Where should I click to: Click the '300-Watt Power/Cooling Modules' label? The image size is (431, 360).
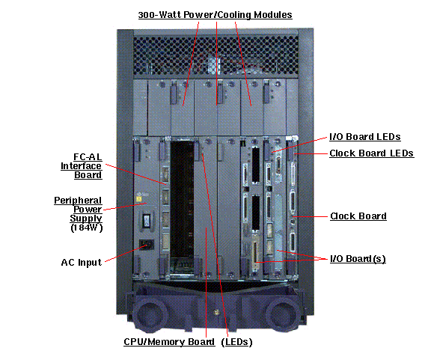(x=215, y=14)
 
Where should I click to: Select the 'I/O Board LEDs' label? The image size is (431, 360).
(x=364, y=137)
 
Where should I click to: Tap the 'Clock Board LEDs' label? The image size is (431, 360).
(x=371, y=153)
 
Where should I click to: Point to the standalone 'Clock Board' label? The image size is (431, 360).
(x=358, y=216)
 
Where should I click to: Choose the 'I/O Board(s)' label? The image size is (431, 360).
(x=358, y=258)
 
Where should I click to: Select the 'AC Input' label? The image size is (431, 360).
(x=82, y=263)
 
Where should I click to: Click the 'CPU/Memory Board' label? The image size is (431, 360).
(x=168, y=342)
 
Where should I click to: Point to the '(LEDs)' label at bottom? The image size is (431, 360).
(x=236, y=342)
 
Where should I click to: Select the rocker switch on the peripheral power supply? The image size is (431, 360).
(x=148, y=220)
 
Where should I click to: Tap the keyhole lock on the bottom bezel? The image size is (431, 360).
(x=216, y=314)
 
